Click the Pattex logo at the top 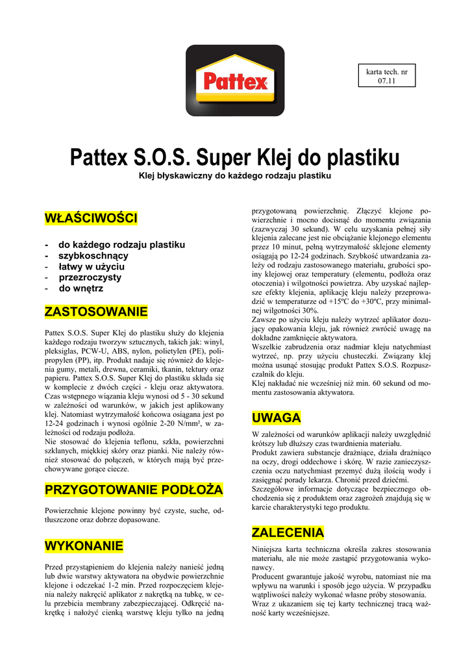[235, 80]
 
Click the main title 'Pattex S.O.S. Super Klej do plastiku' [235, 157]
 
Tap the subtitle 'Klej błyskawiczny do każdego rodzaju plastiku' [235, 176]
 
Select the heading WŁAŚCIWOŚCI [90, 218]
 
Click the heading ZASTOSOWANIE [95, 312]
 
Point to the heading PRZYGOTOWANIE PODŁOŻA [133, 488]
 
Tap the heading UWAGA [275, 417]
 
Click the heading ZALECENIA [288, 533]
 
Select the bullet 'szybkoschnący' [93, 256]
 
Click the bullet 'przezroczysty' [90, 277]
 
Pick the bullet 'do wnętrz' [81, 288]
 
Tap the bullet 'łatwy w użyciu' [92, 266]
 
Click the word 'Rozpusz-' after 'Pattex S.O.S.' [411, 365]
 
